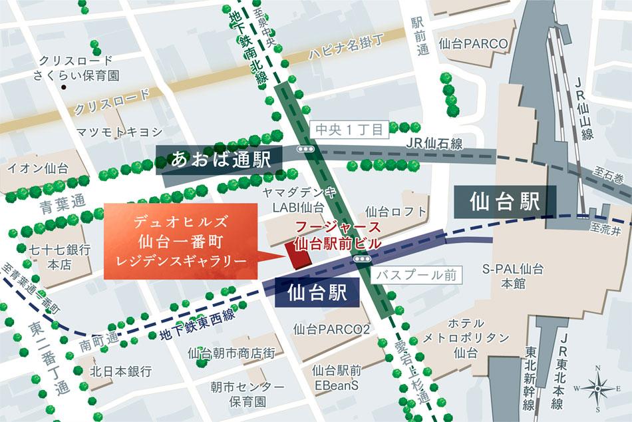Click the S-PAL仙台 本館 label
[x=512, y=276]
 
